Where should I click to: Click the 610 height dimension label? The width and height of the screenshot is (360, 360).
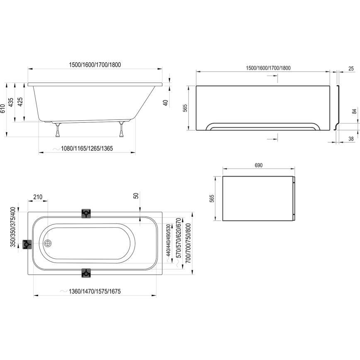[x=3, y=109]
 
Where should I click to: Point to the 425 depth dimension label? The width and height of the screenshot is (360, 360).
[x=21, y=102]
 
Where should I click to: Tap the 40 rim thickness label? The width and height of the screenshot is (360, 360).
[x=165, y=103]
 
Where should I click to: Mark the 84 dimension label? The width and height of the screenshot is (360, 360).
[x=354, y=111]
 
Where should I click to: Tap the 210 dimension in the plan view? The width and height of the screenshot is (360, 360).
[x=38, y=197]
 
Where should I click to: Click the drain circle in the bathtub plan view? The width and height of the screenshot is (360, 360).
[x=48, y=244]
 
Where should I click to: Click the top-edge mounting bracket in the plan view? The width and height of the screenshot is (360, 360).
[x=86, y=214]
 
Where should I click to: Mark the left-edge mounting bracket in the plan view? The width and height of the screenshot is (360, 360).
[x=28, y=245]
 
